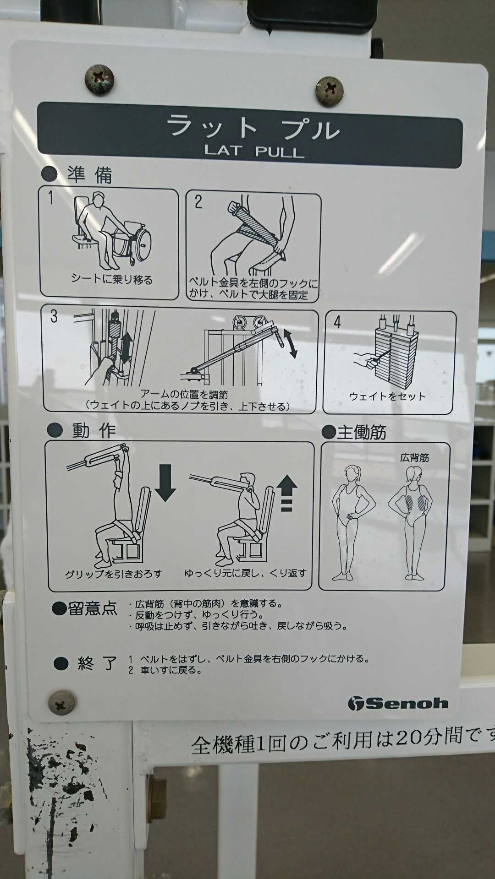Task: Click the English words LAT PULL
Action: click(254, 151)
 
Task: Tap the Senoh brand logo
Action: click(397, 703)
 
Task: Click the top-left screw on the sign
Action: click(99, 80)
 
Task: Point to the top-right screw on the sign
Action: click(329, 91)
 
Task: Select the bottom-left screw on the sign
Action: click(62, 702)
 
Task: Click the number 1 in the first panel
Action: click(51, 198)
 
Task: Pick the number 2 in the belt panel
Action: click(198, 202)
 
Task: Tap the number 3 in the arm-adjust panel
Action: click(54, 316)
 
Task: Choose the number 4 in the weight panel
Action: click(337, 322)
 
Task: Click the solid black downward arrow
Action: click(165, 483)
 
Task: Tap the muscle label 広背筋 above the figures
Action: click(414, 458)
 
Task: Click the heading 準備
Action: click(90, 174)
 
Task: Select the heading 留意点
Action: click(93, 608)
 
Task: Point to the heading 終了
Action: click(98, 663)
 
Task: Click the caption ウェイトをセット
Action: click(387, 396)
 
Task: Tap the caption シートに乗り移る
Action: click(112, 279)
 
